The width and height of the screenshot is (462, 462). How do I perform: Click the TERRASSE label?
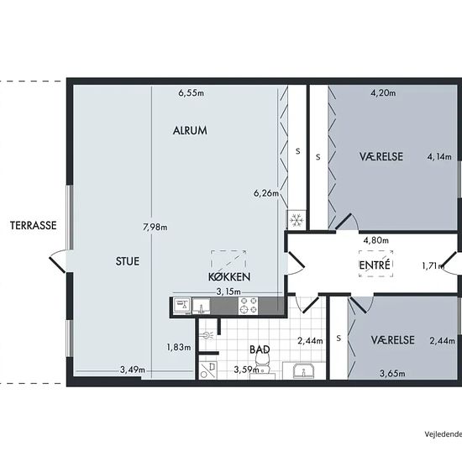[34, 225]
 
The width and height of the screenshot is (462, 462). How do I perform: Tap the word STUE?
[128, 261]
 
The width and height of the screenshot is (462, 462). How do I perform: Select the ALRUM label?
[190, 130]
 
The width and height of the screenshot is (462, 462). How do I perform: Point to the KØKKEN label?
[229, 276]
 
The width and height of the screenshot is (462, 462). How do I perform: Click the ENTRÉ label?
[375, 265]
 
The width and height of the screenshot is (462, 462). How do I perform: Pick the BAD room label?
[260, 349]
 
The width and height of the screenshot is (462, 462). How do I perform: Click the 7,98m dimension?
[155, 227]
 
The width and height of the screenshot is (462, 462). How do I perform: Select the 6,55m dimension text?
[192, 93]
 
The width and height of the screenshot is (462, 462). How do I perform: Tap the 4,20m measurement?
[383, 93]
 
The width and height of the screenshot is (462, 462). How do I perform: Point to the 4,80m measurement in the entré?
[376, 240]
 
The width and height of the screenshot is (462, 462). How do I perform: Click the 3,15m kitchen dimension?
[228, 291]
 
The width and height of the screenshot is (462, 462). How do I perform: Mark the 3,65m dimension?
[392, 374]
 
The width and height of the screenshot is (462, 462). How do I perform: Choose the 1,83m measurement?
[179, 348]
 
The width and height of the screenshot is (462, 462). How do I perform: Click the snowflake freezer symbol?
[296, 219]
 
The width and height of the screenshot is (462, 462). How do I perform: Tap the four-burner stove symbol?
[248, 306]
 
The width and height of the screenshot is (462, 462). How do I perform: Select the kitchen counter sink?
[201, 306]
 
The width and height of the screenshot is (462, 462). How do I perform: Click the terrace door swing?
[58, 260]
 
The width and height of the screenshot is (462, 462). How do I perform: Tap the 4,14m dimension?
[439, 157]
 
